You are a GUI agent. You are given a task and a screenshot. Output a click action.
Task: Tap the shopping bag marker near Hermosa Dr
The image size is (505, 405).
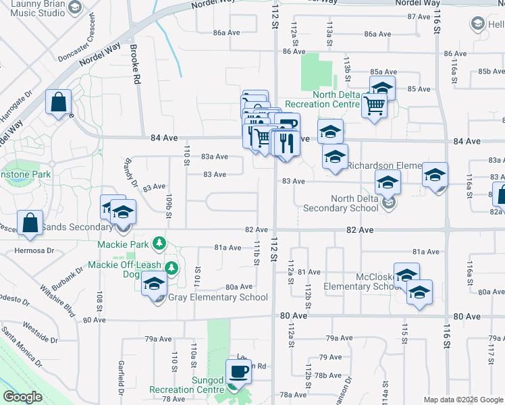tap(31, 222)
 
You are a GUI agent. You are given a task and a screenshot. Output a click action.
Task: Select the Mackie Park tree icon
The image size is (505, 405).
tap(159, 242)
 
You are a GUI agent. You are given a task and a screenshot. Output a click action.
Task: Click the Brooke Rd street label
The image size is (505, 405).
tap(136, 65)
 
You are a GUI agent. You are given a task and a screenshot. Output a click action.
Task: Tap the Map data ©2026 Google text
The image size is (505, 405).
tap(464, 400)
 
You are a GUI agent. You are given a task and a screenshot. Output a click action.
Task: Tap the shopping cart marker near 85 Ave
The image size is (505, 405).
tap(374, 105)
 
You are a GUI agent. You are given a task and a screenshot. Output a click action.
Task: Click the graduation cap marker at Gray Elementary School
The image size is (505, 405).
tap(155, 284)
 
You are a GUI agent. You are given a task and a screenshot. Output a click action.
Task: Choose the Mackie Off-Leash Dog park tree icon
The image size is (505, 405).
tap(171, 268)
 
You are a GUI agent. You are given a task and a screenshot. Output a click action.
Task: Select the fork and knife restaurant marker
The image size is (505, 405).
tap(288, 142)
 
